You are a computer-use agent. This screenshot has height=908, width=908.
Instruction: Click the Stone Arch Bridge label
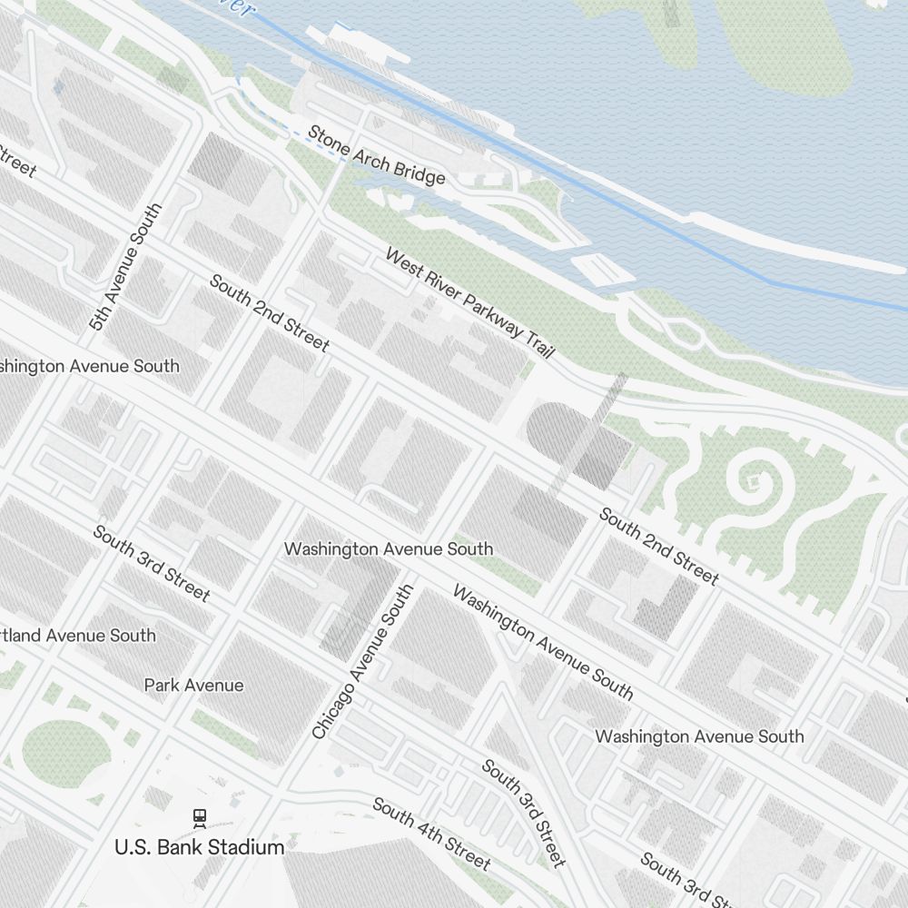coord(376,154)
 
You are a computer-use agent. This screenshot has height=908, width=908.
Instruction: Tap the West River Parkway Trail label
coord(469,302)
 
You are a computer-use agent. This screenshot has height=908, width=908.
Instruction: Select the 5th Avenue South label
coord(126,265)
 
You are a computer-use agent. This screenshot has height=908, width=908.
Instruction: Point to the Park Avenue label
coord(193,685)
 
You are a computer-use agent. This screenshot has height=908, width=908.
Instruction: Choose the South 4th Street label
coord(431,834)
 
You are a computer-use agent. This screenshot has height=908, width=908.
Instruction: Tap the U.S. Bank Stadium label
coord(199,847)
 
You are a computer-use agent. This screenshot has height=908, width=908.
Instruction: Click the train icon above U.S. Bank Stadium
coord(199,818)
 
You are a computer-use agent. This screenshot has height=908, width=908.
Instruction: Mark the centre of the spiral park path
coord(753,478)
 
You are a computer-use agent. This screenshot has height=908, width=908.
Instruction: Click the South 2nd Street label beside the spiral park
coord(659,546)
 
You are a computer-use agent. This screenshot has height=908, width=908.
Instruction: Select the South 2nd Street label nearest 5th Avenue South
coord(270,312)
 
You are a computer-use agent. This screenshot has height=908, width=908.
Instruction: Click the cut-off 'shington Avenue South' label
coord(90,366)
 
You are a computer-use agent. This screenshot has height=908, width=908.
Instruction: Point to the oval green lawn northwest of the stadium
coord(65,750)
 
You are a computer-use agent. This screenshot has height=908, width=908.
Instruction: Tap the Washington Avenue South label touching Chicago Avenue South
coord(389,549)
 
